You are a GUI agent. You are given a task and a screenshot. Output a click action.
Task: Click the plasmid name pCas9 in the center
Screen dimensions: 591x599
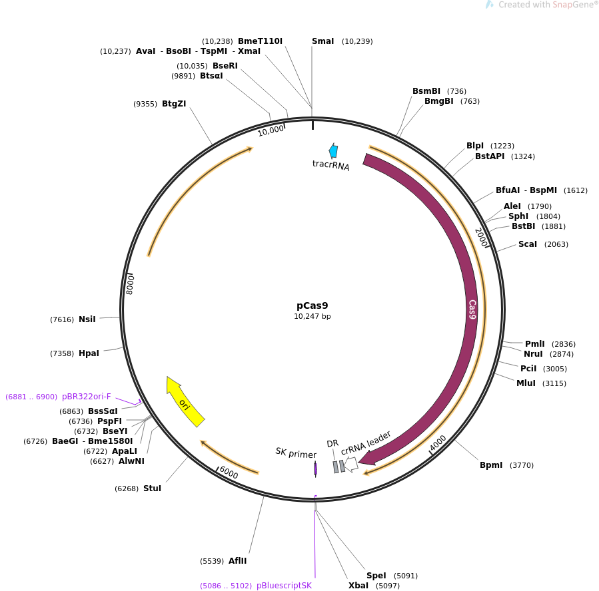pos(312,305)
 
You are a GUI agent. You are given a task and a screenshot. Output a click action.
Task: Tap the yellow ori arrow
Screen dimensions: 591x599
pos(185,402)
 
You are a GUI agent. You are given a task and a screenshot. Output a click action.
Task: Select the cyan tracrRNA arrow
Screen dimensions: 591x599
pos(333,151)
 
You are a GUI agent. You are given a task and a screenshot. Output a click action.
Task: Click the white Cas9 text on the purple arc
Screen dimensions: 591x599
pos(472,309)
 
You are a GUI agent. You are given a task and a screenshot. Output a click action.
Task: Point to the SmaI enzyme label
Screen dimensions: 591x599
pos(322,41)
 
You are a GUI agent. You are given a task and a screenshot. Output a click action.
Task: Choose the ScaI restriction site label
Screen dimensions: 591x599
pos(527,244)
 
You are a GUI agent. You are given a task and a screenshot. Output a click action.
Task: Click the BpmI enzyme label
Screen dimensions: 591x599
pos(491,465)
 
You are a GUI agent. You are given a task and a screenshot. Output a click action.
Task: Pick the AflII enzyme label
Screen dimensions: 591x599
pos(237,561)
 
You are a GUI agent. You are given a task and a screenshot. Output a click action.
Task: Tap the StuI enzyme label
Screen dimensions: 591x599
pos(152,489)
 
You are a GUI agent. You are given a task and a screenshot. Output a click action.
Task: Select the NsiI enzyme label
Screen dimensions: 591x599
pos(87,319)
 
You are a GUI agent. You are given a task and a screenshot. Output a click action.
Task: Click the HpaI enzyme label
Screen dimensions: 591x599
pos(89,353)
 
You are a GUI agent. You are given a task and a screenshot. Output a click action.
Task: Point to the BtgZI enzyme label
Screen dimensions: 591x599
pos(174,104)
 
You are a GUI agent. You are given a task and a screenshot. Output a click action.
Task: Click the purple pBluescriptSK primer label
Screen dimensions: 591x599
pos(284,586)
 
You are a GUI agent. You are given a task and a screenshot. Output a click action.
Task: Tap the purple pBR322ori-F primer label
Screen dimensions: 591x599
pos(87,397)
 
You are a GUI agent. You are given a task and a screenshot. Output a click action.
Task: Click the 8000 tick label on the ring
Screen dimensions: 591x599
pos(131,284)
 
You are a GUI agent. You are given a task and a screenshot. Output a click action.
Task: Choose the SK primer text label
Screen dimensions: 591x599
pos(296,453)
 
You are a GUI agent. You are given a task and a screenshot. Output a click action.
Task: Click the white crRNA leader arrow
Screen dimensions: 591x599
pos(351,465)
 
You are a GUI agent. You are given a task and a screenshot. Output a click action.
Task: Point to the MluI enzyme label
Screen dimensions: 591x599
pos(526,383)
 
